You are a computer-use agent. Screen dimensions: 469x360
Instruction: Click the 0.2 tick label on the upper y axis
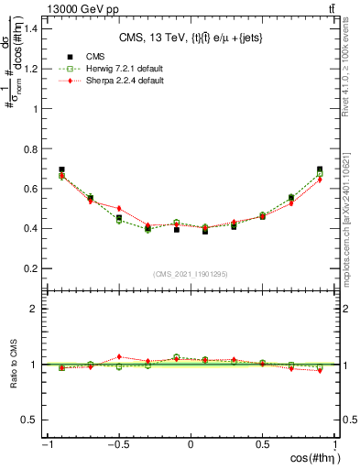(31, 268)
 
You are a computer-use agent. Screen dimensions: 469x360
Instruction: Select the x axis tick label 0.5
(262, 444)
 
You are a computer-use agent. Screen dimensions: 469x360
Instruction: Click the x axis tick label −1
(46, 444)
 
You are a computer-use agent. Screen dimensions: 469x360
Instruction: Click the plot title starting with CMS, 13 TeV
(191, 38)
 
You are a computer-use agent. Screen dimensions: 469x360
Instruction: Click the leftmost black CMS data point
(61, 169)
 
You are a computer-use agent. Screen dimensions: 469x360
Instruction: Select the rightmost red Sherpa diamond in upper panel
(320, 180)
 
